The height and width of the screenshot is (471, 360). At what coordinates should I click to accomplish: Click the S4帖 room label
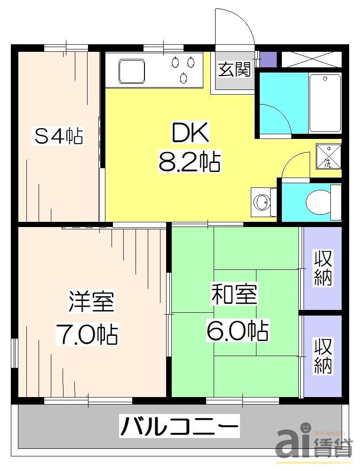click(x=59, y=136)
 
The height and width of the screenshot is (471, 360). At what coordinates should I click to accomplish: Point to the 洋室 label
click(x=92, y=301)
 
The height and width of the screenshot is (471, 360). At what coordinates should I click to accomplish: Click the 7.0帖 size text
click(x=88, y=334)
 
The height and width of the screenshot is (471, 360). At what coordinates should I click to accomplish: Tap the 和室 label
click(x=233, y=295)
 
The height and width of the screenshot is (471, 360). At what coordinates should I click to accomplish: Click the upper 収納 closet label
click(x=323, y=268)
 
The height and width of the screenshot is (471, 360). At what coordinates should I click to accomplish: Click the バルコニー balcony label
click(x=179, y=428)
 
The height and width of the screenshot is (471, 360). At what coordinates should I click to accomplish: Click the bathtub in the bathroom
click(x=325, y=102)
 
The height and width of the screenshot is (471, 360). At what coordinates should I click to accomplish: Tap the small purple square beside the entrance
click(x=268, y=59)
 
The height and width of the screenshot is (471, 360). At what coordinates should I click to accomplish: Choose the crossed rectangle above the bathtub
click(x=311, y=59)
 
